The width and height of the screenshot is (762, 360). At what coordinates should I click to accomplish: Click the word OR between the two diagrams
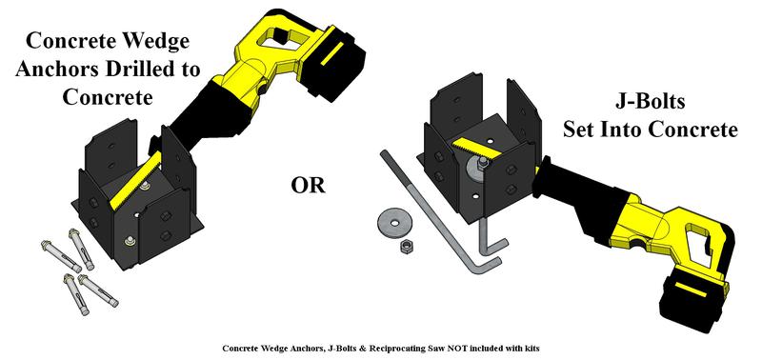point(308,186)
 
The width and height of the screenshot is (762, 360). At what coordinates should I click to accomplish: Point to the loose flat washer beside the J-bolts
point(393,223)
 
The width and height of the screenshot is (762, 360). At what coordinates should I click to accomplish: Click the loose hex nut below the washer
point(406,247)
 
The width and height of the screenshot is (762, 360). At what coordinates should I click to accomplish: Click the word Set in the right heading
point(578,130)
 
